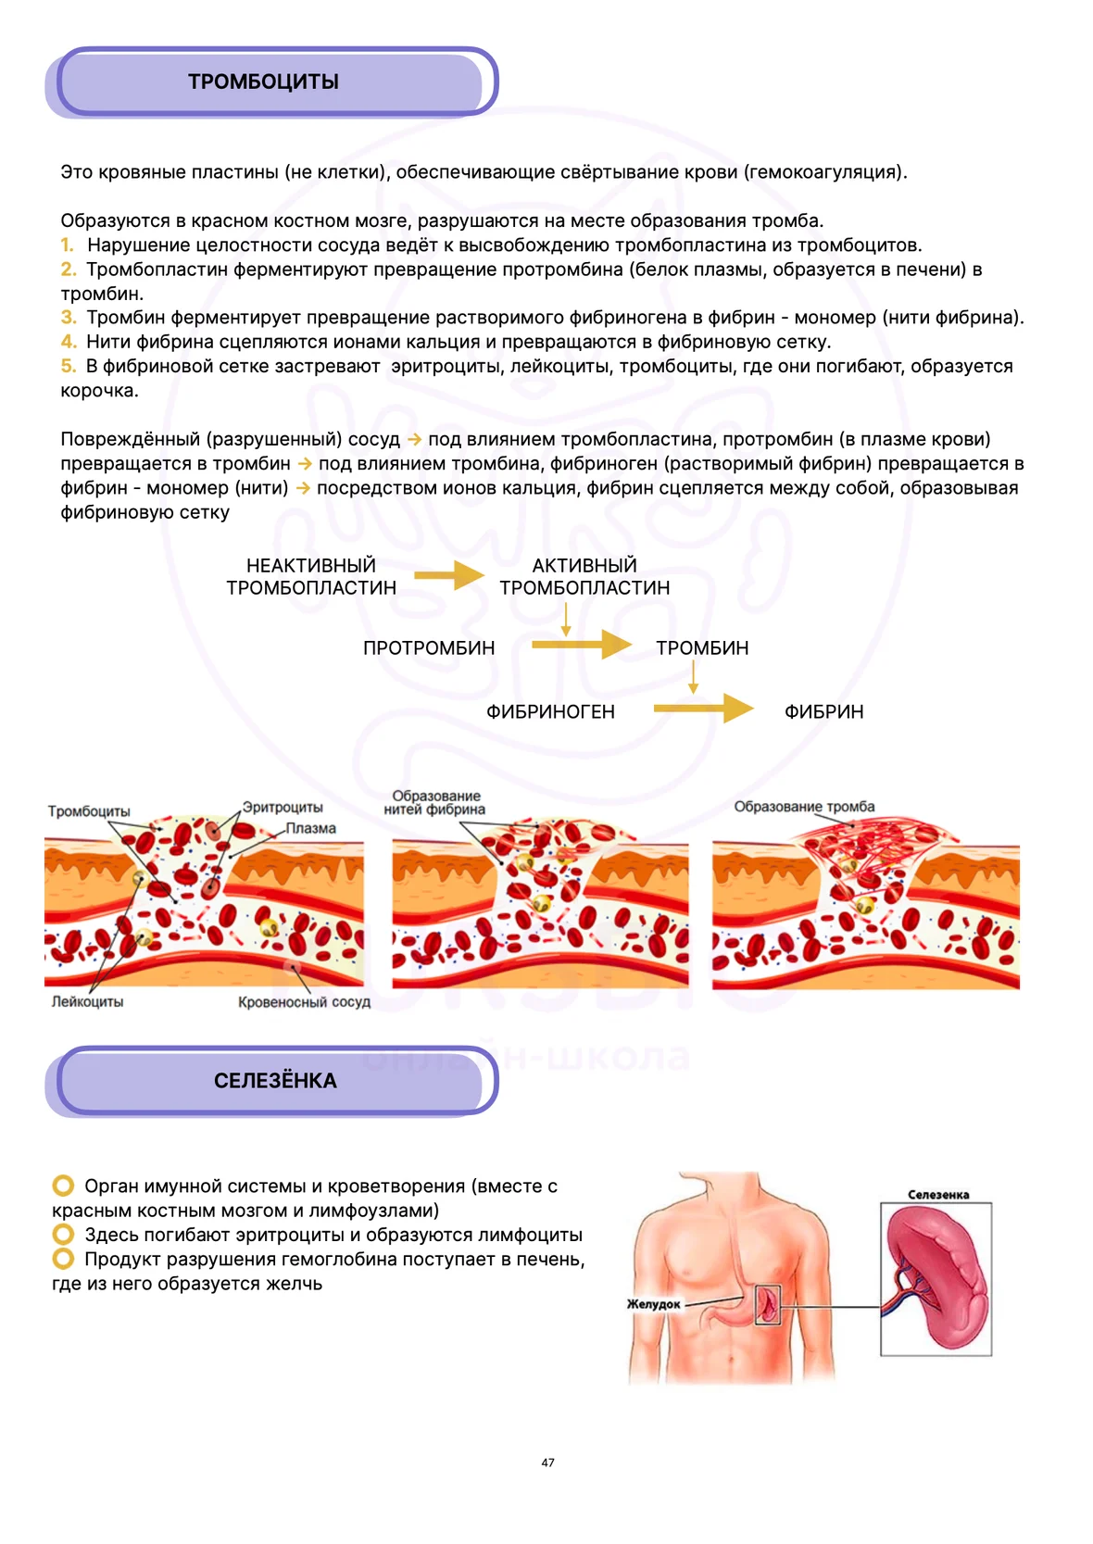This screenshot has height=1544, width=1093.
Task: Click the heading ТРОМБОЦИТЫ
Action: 263,82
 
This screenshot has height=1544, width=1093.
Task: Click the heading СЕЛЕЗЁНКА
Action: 275,1081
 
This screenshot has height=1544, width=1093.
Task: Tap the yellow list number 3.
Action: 68,317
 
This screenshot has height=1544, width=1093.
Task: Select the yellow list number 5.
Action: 68,366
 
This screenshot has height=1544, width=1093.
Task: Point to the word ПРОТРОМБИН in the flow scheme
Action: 429,648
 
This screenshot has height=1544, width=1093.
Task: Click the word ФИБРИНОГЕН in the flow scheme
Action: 550,711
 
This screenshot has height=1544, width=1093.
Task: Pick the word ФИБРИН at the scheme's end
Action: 823,711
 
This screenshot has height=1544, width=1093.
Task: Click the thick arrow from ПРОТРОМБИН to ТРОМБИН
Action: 582,645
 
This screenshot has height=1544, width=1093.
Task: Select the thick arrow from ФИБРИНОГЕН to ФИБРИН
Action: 704,708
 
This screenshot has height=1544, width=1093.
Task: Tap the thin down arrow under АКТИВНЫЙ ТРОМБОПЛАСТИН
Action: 566,620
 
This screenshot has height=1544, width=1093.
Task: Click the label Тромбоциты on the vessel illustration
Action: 89,811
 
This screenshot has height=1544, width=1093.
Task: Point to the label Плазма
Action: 311,828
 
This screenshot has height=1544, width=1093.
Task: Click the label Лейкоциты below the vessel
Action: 87,1001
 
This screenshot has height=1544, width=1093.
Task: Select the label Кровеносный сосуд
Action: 304,1002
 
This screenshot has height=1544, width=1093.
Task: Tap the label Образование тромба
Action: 804,807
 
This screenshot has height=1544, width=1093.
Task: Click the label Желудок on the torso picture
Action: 653,1304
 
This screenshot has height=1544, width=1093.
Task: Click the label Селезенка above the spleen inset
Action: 938,1195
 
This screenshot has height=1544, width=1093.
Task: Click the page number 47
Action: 547,1462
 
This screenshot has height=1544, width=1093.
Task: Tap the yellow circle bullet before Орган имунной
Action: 63,1186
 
